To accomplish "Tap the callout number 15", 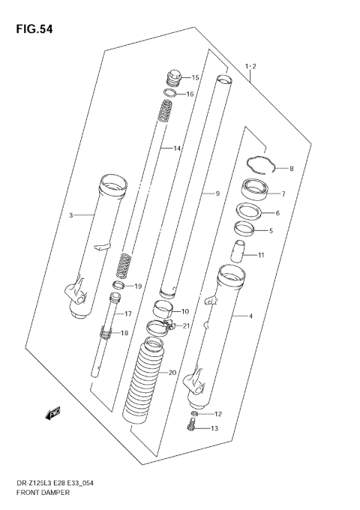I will [x=195, y=78].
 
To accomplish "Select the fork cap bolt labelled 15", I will [x=172, y=78].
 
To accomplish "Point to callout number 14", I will [x=177, y=148].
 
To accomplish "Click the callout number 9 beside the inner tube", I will [x=217, y=194].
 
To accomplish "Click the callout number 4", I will [x=250, y=316].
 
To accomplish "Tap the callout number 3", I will [x=71, y=215].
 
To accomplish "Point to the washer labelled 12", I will [x=194, y=414].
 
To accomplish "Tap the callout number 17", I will [x=128, y=314].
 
